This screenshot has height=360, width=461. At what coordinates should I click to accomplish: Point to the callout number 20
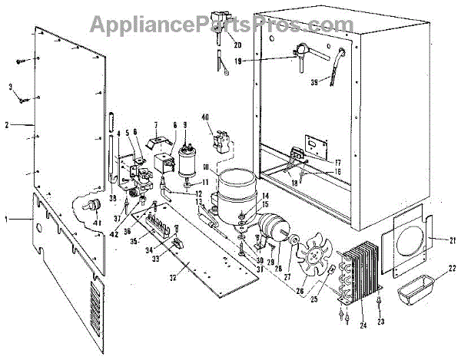point(237,45)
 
